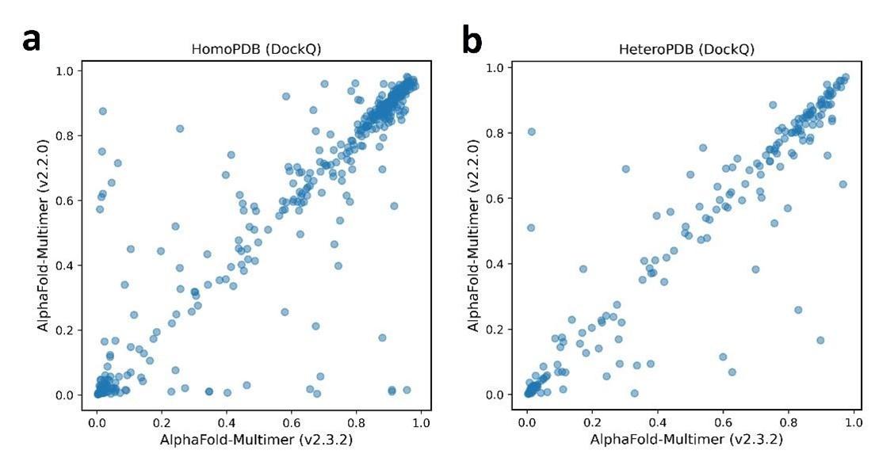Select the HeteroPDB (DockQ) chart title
(686, 50)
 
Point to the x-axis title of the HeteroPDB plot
(686, 437)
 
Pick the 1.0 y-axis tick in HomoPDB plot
(67, 71)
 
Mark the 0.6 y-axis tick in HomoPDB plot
(67, 200)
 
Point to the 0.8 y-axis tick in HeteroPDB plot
(496, 133)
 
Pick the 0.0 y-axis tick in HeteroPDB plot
(496, 395)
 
